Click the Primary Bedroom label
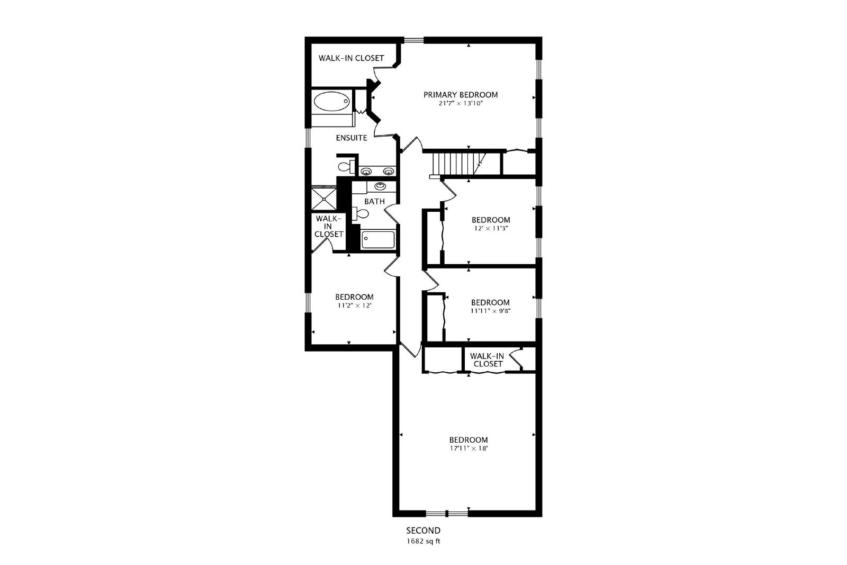tap(461, 95)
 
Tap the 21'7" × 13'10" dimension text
tap(461, 103)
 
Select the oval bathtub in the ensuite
tap(332, 101)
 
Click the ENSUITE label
tap(352, 138)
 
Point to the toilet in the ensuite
tap(346, 166)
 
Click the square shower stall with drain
tap(323, 198)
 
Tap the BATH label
tap(374, 201)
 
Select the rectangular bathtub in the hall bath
tap(378, 239)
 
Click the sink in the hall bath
tap(381, 186)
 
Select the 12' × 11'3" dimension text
tap(491, 228)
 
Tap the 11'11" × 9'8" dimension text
tap(490, 311)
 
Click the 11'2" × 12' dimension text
tap(354, 305)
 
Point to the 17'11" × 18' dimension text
tap(468, 448)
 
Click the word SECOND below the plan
tap(423, 530)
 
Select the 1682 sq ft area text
tap(423, 541)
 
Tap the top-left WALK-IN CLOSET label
tap(352, 58)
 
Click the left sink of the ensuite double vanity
tap(366, 172)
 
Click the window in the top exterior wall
tap(413, 40)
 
